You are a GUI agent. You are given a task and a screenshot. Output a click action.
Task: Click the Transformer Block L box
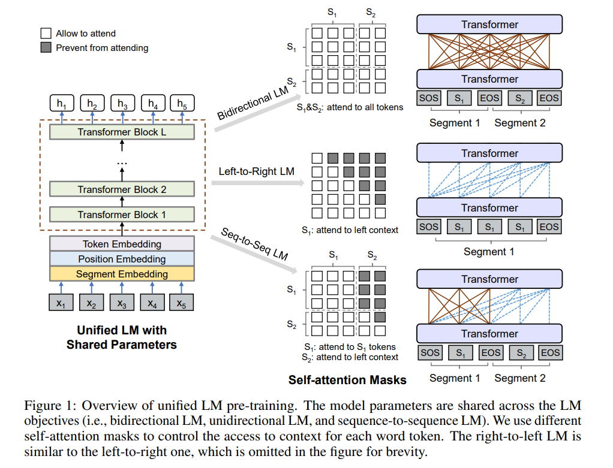tap(122, 132)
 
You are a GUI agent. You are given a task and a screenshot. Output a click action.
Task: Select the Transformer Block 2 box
tap(122, 189)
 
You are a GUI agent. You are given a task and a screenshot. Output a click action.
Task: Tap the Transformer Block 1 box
tap(122, 215)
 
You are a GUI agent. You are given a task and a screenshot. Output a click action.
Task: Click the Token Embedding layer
tap(122, 244)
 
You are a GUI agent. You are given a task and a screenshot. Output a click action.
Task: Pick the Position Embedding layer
tap(122, 259)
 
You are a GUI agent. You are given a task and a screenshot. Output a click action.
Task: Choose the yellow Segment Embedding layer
tap(122, 274)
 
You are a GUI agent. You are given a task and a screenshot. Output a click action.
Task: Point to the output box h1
tap(61, 104)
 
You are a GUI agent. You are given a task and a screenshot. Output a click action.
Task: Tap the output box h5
tap(182, 104)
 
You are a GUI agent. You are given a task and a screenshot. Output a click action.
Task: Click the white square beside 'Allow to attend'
tap(46, 34)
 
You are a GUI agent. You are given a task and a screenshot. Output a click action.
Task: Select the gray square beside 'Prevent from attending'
tap(46, 47)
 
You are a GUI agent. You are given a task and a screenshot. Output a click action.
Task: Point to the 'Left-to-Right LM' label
tap(256, 171)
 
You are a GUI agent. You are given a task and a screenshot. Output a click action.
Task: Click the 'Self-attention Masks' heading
tap(347, 380)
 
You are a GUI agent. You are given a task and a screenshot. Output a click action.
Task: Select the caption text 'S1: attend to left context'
tap(350, 230)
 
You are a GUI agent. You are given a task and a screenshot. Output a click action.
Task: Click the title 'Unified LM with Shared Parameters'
tap(122, 337)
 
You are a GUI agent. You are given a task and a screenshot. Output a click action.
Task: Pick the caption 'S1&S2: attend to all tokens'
tap(350, 107)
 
